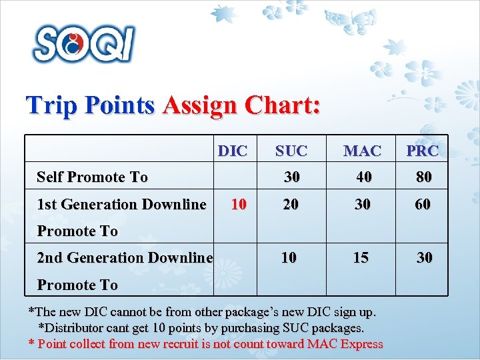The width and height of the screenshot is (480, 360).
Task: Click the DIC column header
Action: click(x=233, y=151)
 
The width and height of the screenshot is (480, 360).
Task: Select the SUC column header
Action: click(x=291, y=151)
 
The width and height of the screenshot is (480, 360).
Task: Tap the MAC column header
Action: click(x=362, y=151)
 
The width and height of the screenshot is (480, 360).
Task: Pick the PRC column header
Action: click(x=423, y=151)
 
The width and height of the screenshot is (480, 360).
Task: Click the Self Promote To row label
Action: click(x=92, y=177)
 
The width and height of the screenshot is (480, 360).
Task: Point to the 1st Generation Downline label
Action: click(x=121, y=204)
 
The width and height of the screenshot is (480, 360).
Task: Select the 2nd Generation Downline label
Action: click(x=125, y=257)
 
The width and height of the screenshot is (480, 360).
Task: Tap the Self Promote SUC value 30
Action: click(x=291, y=177)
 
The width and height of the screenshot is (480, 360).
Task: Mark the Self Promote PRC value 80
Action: click(x=423, y=177)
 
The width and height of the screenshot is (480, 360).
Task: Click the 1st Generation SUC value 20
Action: click(x=290, y=204)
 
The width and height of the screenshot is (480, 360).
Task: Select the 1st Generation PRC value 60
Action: click(x=423, y=204)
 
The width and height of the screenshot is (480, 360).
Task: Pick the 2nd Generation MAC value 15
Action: click(x=361, y=257)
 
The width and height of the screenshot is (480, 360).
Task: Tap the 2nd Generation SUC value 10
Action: click(x=289, y=257)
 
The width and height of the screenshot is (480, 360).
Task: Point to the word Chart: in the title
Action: click(x=283, y=105)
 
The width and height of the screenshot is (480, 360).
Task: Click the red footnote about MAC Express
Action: click(x=205, y=344)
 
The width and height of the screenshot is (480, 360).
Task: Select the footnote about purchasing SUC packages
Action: click(x=201, y=328)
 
